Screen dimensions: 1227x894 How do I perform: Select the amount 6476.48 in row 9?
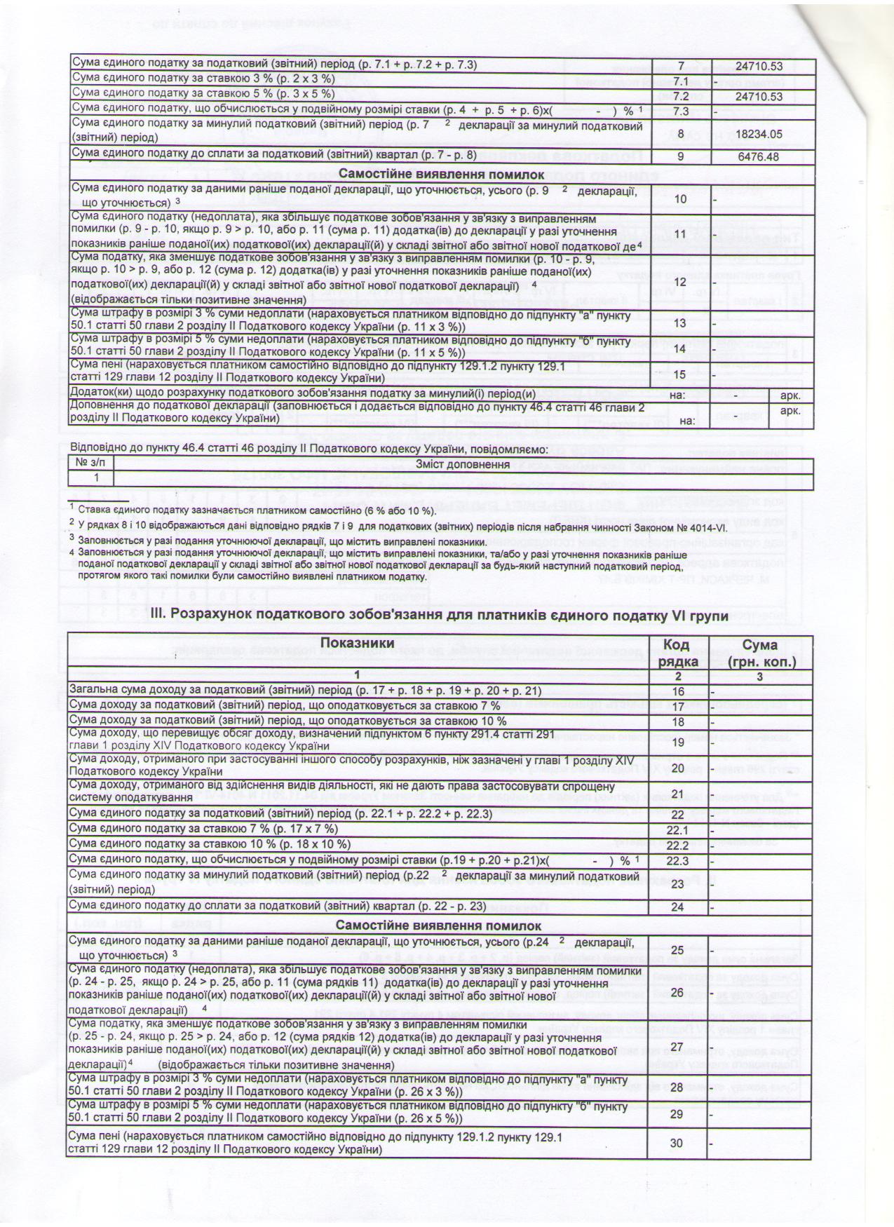759,156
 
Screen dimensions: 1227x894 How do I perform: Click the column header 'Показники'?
357,643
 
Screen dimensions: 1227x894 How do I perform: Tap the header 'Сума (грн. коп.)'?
760,652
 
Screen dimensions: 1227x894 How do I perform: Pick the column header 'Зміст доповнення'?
462,464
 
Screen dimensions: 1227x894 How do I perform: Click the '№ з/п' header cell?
92,464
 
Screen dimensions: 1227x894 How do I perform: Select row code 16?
677,691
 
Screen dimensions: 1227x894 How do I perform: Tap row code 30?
676,1144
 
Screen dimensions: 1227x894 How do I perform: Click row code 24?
677,907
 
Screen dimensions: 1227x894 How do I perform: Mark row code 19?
677,742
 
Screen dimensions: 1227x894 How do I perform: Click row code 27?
677,1047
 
